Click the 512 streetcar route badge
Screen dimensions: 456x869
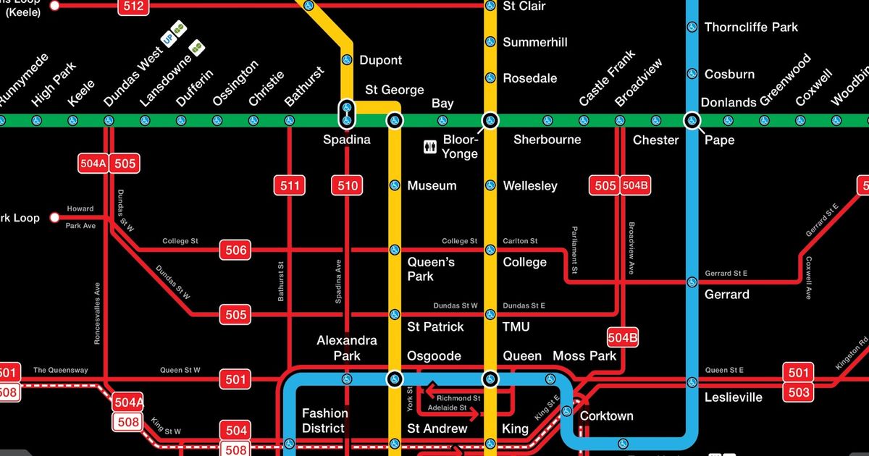(x=134, y=7)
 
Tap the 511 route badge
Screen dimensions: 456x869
(x=290, y=186)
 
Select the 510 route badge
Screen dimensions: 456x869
(x=348, y=186)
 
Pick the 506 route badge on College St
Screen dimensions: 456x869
(x=236, y=250)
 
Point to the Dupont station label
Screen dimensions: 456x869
(x=380, y=60)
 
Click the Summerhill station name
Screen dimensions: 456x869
(x=535, y=42)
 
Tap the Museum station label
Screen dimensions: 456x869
(x=432, y=186)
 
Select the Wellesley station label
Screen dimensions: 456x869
(x=530, y=186)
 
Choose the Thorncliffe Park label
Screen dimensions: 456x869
(x=751, y=27)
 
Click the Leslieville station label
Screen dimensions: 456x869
(x=734, y=397)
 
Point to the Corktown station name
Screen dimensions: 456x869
(x=607, y=416)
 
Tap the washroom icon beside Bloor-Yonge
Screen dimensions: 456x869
(x=429, y=148)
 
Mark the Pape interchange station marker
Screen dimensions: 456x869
(x=692, y=120)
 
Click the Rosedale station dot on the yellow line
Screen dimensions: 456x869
(x=490, y=78)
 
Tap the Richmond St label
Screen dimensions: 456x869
(x=458, y=398)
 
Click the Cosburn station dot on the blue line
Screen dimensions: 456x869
(x=692, y=74)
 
